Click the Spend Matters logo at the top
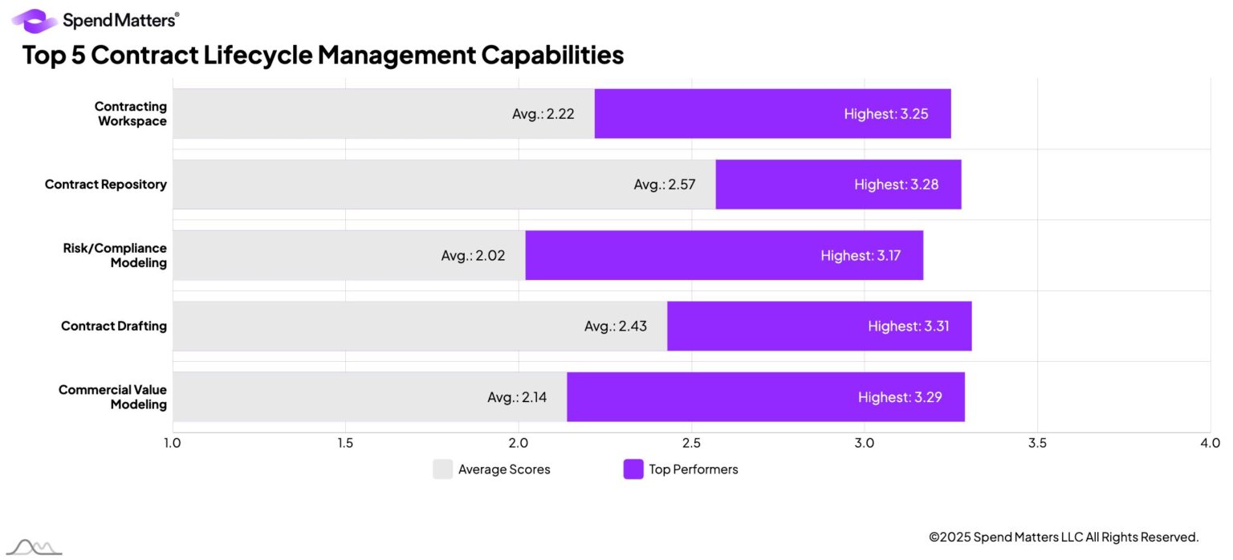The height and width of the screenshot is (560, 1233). [x=95, y=20]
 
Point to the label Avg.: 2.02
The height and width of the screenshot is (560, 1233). [x=473, y=256]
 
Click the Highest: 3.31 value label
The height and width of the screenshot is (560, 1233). [x=908, y=327]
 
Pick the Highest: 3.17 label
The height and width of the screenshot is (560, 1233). [x=861, y=256]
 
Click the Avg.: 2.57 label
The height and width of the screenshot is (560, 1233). [x=664, y=185]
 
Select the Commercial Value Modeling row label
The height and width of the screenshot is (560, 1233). [x=112, y=397]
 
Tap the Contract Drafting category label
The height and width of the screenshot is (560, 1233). [x=113, y=327]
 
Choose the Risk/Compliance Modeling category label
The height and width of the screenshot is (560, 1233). [x=115, y=255]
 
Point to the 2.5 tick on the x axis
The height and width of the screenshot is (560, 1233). [x=692, y=443]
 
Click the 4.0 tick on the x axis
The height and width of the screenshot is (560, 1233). [x=1210, y=443]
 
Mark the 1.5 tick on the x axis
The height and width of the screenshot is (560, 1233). [x=345, y=443]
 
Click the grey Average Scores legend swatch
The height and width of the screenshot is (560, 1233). [x=442, y=469]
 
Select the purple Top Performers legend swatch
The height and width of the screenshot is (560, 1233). [x=633, y=469]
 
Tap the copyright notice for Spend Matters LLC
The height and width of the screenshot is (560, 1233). [x=1063, y=538]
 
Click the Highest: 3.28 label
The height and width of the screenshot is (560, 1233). [x=896, y=185]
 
